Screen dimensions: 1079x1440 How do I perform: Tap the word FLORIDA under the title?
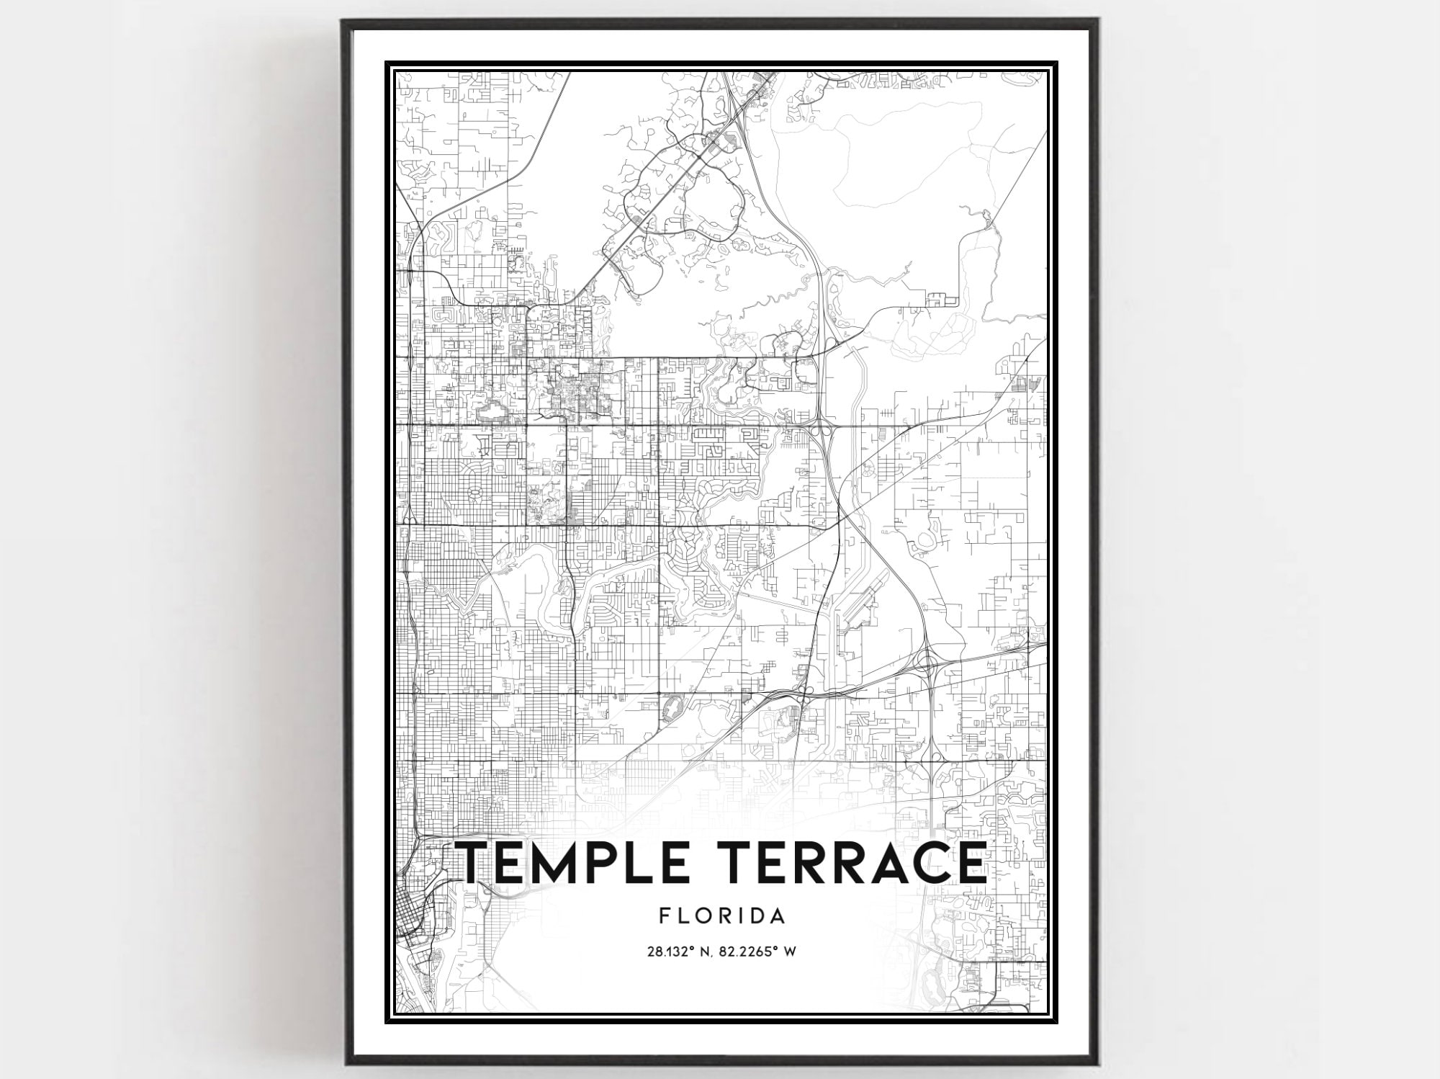click(x=721, y=916)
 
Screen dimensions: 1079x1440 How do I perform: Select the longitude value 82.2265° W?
click(x=757, y=952)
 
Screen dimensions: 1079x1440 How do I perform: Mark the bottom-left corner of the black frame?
click(x=345, y=1065)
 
